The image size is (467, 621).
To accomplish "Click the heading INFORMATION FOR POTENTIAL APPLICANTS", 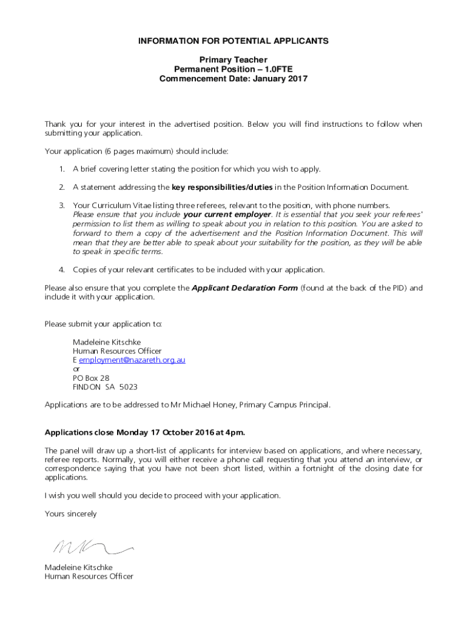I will pos(233,41).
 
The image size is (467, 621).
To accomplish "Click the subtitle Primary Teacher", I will pos(233,59).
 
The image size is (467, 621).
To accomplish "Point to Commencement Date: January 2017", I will pos(233,79).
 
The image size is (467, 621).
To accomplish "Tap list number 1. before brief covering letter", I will pos(62,169).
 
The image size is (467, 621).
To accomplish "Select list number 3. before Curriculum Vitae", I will pos(62,206).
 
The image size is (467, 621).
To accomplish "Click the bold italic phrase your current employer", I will pos(226,215).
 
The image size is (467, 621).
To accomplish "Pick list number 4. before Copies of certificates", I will pos(62,269).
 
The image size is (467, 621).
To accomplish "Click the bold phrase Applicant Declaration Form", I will pos(244,288).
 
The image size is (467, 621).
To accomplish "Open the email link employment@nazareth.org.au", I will pos(132,360).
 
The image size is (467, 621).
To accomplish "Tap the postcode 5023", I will pos(128,387).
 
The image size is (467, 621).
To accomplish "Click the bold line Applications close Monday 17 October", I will pos(145,432).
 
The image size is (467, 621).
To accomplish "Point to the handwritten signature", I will pos(91,547).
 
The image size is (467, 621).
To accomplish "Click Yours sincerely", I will pos(70,514).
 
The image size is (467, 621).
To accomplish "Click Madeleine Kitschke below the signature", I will pos(78,568).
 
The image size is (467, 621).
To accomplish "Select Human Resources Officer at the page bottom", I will pos(89,577).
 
